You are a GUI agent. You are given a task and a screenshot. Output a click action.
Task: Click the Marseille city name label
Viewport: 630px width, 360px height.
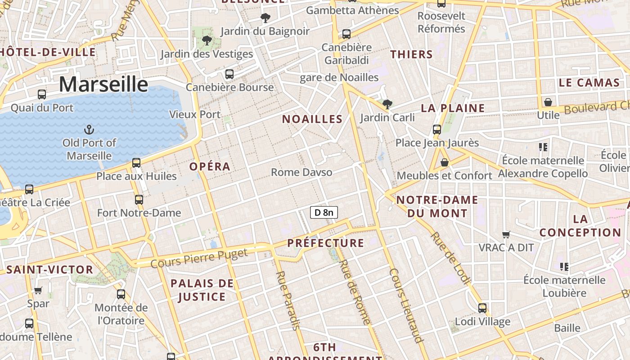coord(103,84)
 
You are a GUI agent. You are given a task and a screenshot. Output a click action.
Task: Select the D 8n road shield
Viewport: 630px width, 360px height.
coord(324,212)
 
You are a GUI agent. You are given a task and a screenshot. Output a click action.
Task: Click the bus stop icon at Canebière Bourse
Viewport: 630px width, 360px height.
coord(229,74)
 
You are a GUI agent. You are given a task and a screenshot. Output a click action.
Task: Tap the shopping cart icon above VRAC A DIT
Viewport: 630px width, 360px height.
coord(506,234)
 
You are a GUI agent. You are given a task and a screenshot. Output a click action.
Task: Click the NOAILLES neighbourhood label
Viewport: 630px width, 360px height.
coord(312,119)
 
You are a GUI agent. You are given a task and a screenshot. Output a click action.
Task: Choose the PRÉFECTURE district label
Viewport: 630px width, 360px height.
coord(325,243)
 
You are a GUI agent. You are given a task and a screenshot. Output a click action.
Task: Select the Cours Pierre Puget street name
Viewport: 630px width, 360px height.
coord(199,258)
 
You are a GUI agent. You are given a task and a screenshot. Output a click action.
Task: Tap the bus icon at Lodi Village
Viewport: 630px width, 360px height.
coord(482,308)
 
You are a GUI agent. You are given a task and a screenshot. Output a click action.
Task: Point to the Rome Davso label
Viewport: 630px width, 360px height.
coord(301,172)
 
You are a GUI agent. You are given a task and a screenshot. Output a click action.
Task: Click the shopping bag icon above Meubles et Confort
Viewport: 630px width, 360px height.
coord(445,162)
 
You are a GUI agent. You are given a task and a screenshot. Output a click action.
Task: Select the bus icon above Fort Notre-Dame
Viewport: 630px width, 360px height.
coord(139,199)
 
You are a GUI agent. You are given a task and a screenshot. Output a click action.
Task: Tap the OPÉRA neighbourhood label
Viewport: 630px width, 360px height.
coord(210,166)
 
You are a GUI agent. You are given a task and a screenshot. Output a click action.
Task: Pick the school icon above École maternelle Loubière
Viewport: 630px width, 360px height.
coord(564,267)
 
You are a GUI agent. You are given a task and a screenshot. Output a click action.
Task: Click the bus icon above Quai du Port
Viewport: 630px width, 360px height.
coord(42,94)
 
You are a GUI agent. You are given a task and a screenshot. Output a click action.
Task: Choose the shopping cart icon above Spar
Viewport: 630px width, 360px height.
coord(38,291)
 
